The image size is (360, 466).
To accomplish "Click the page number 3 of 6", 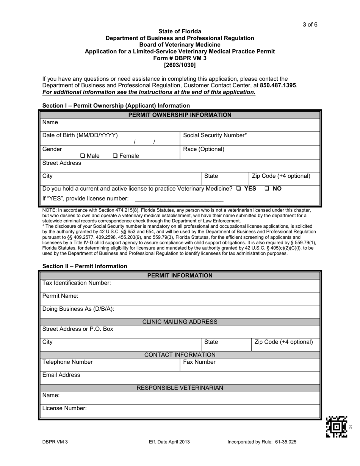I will [x=310, y=25].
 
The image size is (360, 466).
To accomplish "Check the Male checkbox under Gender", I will [x=83, y=156].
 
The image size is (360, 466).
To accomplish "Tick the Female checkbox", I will [x=116, y=156].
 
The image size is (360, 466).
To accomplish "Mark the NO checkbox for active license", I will [x=267, y=189].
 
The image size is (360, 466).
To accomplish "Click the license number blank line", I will [x=179, y=199].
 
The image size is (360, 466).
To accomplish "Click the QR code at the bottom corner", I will [x=336, y=427].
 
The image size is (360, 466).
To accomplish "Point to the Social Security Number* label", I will [x=215, y=135].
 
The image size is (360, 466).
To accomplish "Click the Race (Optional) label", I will [x=203, y=149].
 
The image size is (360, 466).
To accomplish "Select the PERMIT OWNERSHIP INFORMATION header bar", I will [x=180, y=115].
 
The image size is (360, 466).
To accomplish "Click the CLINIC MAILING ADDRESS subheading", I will [x=180, y=322].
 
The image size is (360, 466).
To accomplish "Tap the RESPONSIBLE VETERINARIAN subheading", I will [x=180, y=388].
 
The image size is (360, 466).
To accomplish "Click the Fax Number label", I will [x=199, y=362].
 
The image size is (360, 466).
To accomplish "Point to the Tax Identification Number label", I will [x=77, y=283].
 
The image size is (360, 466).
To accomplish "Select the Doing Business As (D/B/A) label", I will [x=78, y=309].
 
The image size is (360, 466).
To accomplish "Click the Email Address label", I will [x=61, y=375].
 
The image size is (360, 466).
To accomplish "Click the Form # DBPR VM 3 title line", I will [x=180, y=58].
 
